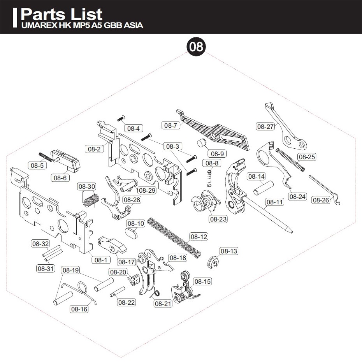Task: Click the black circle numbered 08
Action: tap(196, 47)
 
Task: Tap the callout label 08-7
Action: tap(170, 126)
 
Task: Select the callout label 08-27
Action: tap(265, 127)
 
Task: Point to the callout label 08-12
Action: tap(199, 237)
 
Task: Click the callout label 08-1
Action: tap(101, 260)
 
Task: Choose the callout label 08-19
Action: tap(70, 270)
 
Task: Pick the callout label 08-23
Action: tap(218, 219)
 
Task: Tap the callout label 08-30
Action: tap(86, 186)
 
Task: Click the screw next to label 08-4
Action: tap(121, 118)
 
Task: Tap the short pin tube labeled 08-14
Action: tap(264, 188)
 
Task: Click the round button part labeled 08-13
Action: tap(213, 262)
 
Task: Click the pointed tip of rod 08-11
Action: tap(292, 232)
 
